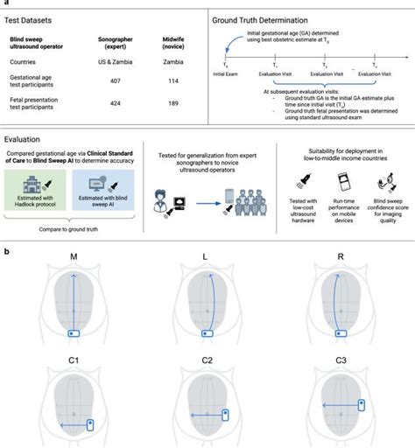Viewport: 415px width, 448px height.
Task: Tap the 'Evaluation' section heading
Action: (27, 138)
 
